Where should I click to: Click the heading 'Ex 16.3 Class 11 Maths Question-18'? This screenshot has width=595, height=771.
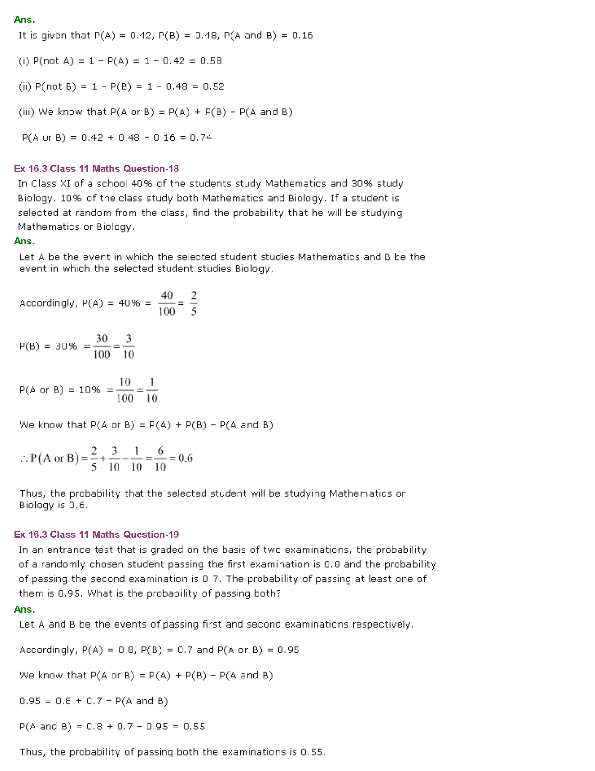click(x=96, y=169)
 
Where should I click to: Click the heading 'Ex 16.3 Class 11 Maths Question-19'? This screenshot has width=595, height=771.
click(x=96, y=535)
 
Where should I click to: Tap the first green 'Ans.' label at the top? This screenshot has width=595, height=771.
click(x=24, y=20)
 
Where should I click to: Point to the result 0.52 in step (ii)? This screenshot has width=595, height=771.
click(x=213, y=87)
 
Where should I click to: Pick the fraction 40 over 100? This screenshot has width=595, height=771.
click(x=167, y=303)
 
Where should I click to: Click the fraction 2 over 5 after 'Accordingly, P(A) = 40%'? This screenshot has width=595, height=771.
click(x=194, y=303)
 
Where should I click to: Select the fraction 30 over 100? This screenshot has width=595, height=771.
click(x=102, y=346)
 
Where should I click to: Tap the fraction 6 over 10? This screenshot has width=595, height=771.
click(x=160, y=459)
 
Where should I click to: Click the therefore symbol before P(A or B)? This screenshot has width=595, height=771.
click(x=24, y=459)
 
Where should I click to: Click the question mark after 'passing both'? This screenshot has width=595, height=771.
click(x=279, y=593)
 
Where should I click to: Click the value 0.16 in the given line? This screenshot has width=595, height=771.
click(x=302, y=36)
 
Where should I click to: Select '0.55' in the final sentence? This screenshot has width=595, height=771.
click(x=312, y=752)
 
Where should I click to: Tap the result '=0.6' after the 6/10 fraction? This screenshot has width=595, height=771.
click(x=181, y=458)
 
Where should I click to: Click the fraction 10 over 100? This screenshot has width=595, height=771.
click(x=125, y=390)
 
